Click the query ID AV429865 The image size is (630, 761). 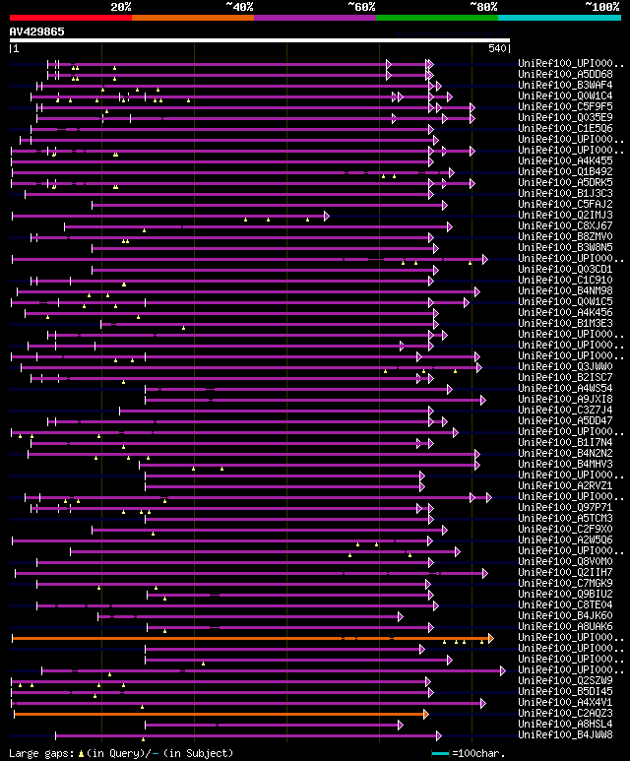point(37,32)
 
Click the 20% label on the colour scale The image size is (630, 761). point(121,6)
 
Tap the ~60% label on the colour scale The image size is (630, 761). point(361,6)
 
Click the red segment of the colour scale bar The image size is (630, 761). point(70,18)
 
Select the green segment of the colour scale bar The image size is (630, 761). point(436,18)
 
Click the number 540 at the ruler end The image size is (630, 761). point(497,48)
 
